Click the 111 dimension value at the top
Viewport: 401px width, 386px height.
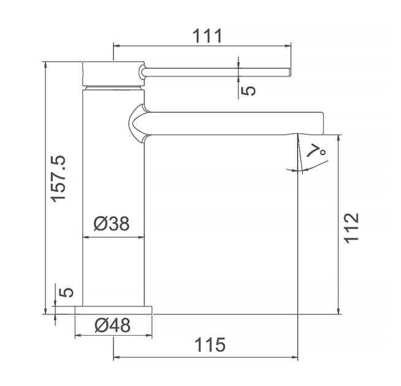[207, 36]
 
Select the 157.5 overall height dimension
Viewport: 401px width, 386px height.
[58, 179]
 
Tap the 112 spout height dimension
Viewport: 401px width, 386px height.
[352, 228]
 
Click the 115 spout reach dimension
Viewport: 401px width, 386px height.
[210, 344]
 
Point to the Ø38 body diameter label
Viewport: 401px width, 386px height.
[112, 223]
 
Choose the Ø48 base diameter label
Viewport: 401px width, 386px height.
[113, 325]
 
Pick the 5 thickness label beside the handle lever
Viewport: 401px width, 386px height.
[248, 91]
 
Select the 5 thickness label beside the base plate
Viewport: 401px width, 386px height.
[66, 292]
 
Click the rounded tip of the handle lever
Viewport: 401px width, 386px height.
[289, 72]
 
